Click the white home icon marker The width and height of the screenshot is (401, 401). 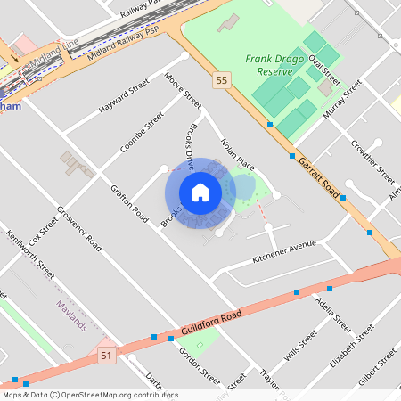[200, 192]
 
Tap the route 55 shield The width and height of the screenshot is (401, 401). [220, 81]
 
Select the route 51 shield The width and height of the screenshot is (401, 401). [106, 356]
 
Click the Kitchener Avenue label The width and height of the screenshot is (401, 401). [284, 250]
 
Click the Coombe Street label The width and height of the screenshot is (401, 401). [143, 131]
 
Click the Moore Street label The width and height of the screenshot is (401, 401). [184, 94]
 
